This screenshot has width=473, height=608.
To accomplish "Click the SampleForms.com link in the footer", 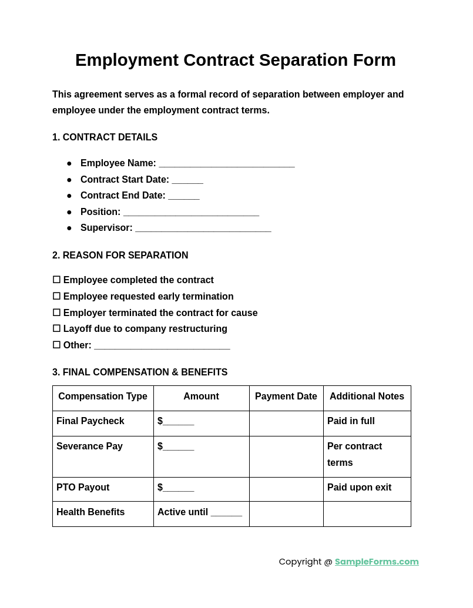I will point(377,562).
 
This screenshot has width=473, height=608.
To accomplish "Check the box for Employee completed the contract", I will point(56,280).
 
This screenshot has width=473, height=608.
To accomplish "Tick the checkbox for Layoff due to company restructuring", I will point(56,329).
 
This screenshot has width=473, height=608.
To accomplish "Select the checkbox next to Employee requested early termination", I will point(56,297).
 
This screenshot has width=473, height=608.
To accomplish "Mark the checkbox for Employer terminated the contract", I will point(56,313).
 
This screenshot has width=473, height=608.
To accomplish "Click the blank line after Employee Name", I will point(226,164).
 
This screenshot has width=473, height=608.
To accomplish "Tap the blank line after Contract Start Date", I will point(187,181).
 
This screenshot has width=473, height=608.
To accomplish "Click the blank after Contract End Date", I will point(184,197).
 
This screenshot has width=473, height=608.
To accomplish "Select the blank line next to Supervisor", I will point(203,229).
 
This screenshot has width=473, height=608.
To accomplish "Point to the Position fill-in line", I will point(191,213).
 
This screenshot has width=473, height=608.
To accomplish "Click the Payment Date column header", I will point(286,397).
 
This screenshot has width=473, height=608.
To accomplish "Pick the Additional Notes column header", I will point(367,397).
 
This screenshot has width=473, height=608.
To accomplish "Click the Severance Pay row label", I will point(89,446).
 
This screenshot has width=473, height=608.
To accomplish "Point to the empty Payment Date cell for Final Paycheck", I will point(286,423).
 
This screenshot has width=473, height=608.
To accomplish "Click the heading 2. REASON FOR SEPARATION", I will point(120,256).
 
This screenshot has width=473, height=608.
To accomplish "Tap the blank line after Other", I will point(162,347).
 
